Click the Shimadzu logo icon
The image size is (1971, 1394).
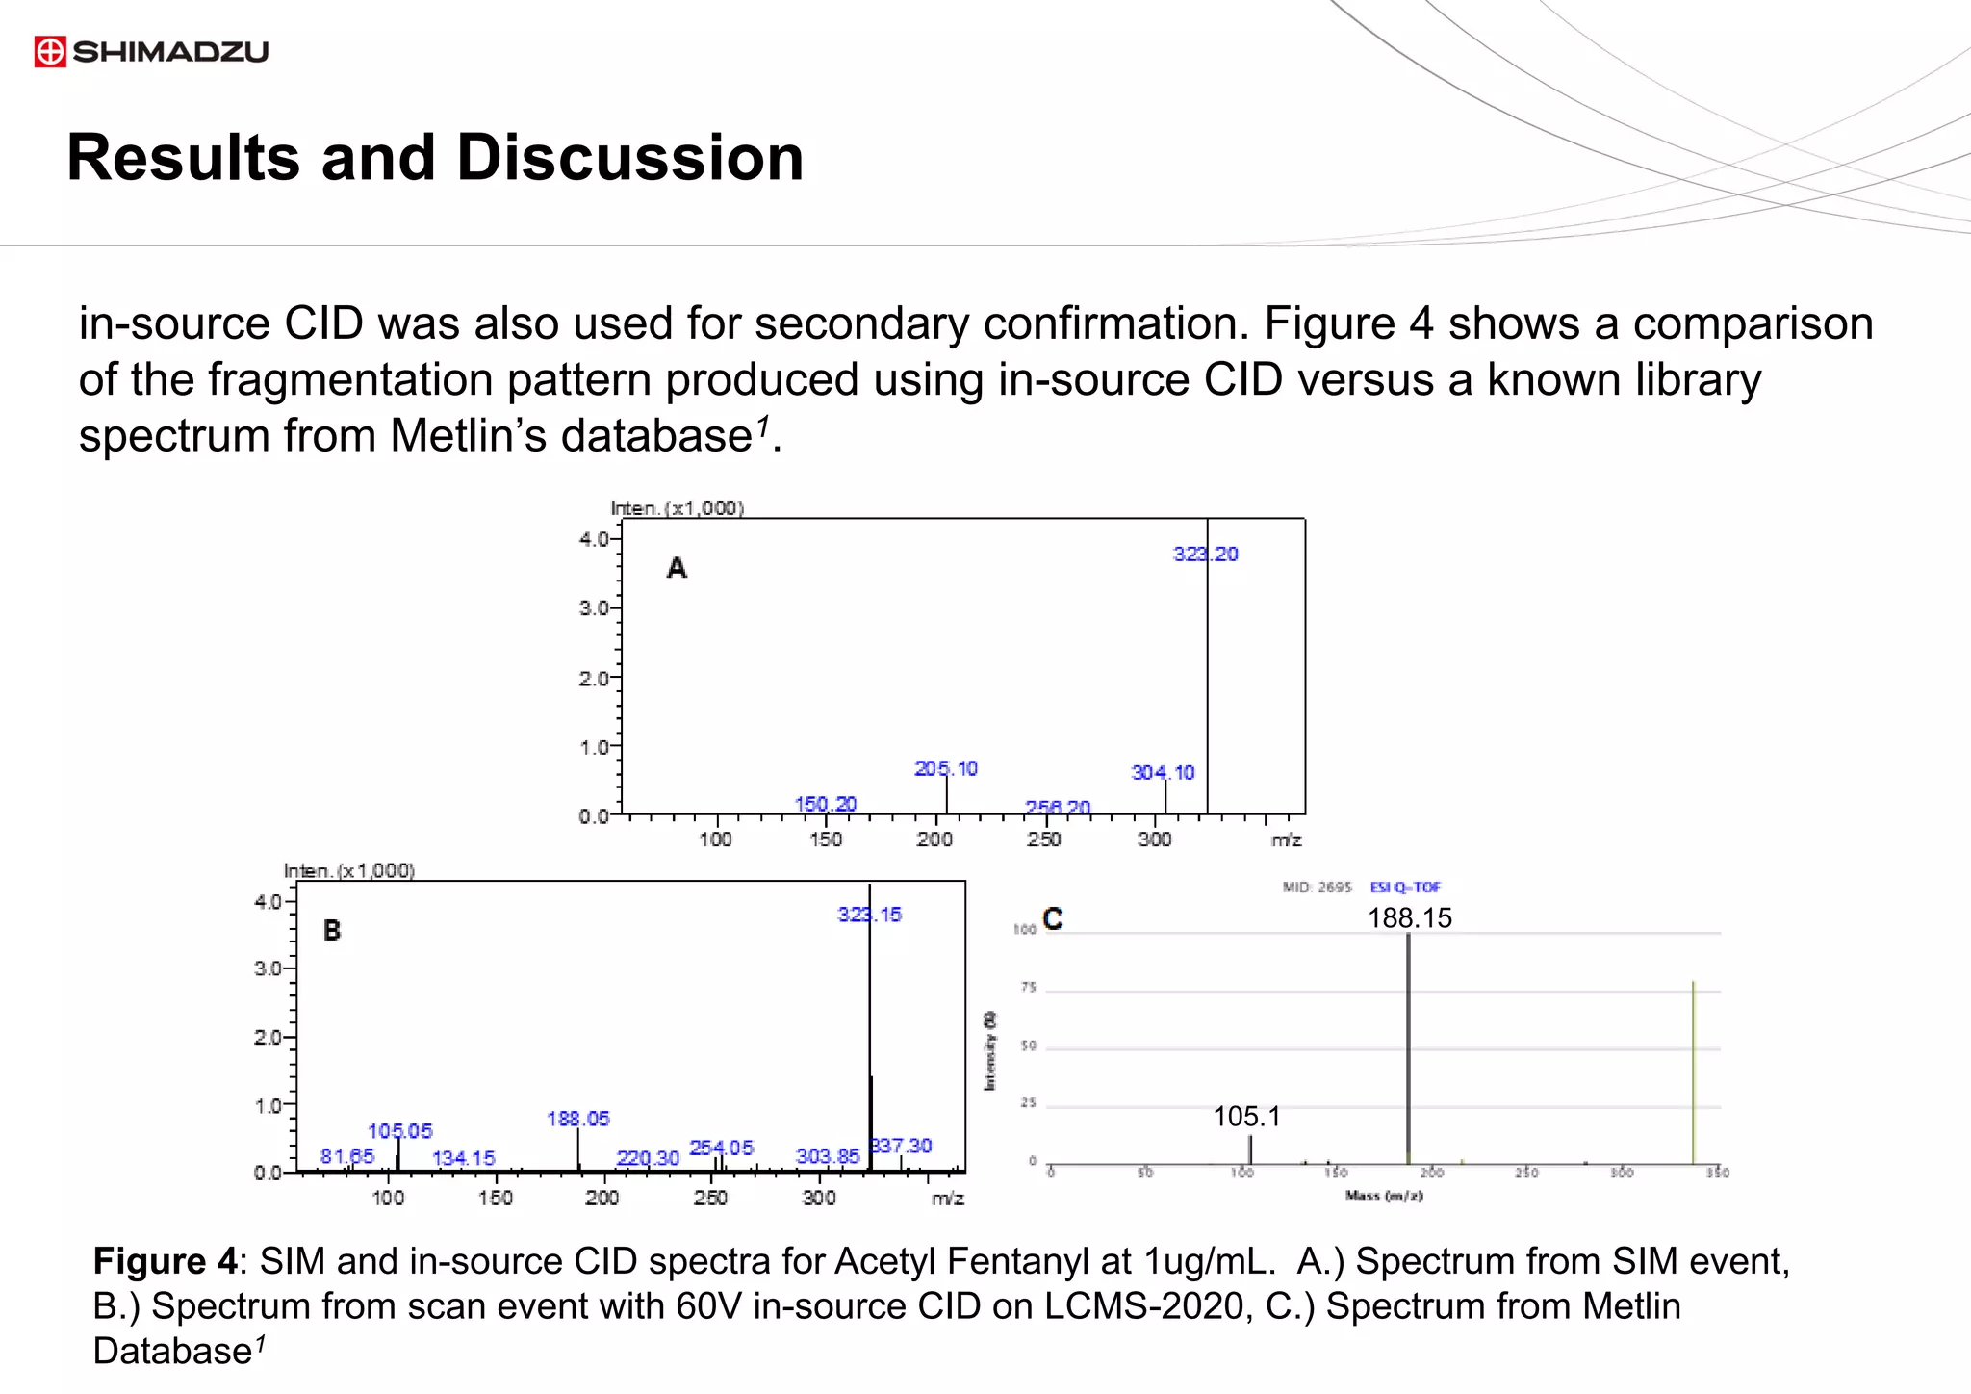[x=50, y=51]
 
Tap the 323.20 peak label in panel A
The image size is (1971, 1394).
[x=1205, y=554]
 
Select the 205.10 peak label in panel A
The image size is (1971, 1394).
[x=945, y=768]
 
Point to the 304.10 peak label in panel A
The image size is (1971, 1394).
[x=1163, y=772]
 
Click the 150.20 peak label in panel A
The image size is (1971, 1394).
[x=826, y=804]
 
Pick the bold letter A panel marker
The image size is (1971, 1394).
[x=677, y=568]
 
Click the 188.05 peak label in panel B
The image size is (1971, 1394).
[x=578, y=1119]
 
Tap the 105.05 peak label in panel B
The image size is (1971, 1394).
[x=400, y=1131]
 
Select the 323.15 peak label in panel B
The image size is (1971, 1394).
[x=869, y=915]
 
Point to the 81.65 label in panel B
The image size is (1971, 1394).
[x=346, y=1155]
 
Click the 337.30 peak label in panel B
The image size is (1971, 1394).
[x=902, y=1146]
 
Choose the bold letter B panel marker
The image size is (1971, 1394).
[x=332, y=931]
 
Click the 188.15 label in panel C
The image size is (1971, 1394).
[x=1410, y=917]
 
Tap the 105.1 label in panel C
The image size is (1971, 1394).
[x=1246, y=1117]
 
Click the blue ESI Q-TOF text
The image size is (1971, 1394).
[x=1405, y=887]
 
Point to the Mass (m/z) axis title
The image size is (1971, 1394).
[x=1384, y=1196]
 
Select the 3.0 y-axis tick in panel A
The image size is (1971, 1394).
[x=593, y=608]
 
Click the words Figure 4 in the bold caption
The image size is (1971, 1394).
[x=165, y=1261]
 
